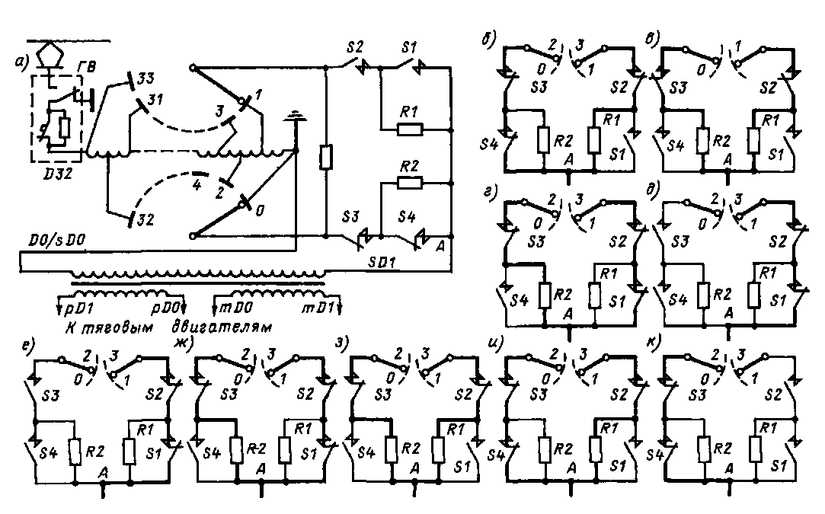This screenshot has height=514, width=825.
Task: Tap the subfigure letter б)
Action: [487, 38]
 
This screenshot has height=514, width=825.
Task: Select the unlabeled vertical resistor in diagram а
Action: [325, 158]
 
